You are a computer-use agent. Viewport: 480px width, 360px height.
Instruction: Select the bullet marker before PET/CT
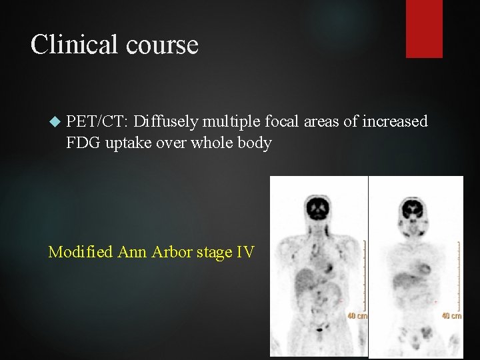55,121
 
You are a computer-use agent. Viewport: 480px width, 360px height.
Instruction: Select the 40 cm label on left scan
357,315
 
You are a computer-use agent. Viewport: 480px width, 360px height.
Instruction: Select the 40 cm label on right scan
452,315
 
